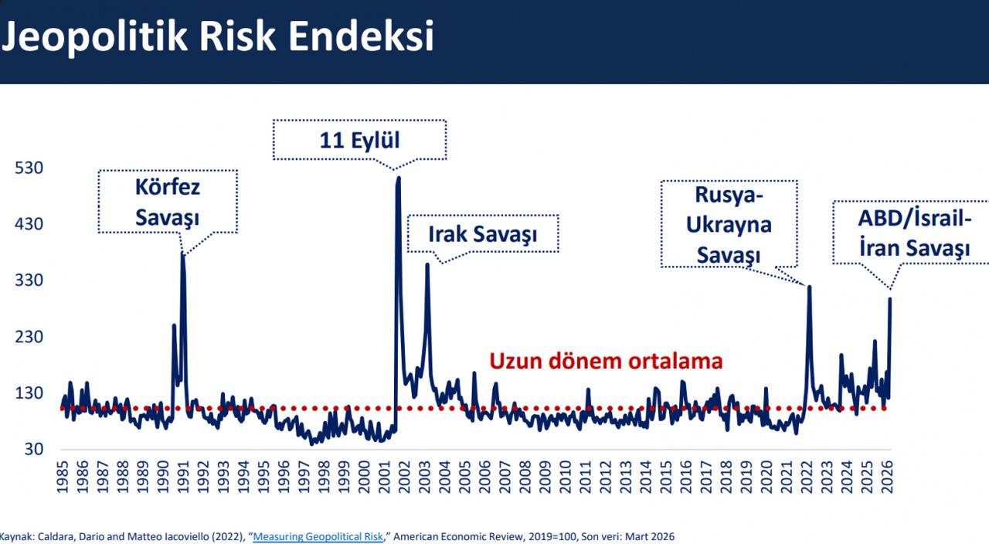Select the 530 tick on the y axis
(x=30, y=168)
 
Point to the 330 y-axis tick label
(x=30, y=280)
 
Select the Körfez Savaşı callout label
(x=167, y=202)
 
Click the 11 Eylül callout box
(x=359, y=140)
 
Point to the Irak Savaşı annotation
(x=482, y=233)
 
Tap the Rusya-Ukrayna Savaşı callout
(x=729, y=224)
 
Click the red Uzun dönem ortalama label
(x=606, y=361)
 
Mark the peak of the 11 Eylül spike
(x=398, y=178)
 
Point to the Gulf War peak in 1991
(x=183, y=253)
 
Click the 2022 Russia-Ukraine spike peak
(x=809, y=287)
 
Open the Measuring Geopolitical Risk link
(x=318, y=536)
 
